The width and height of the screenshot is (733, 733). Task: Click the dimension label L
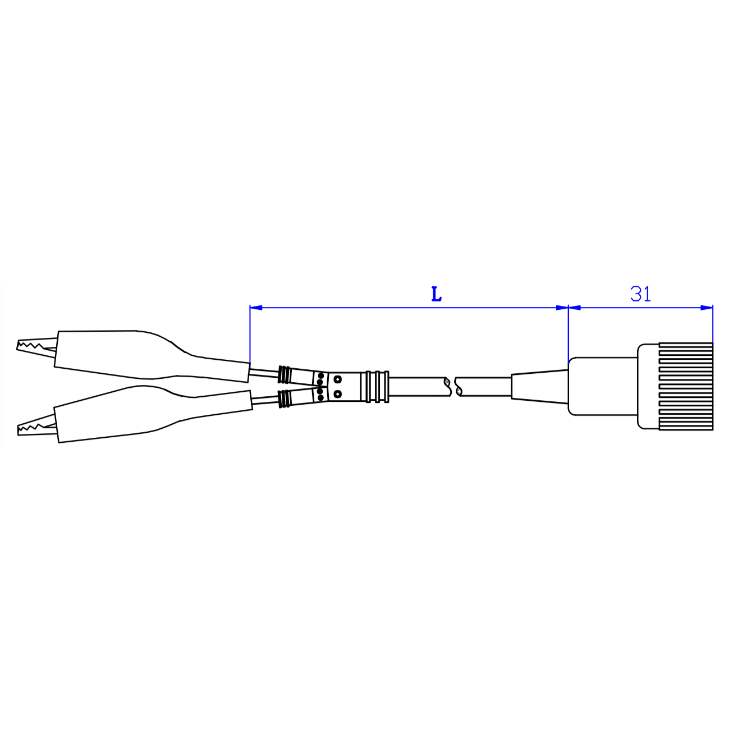pyautogui.click(x=436, y=294)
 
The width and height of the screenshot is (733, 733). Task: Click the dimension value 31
pyautogui.click(x=640, y=294)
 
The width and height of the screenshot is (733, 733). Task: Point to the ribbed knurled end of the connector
pyautogui.click(x=686, y=387)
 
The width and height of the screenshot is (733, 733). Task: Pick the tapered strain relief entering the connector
pyautogui.click(x=539, y=386)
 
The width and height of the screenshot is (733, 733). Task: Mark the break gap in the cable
pyautogui.click(x=453, y=386)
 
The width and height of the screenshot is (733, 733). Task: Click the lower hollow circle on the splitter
pyautogui.click(x=337, y=394)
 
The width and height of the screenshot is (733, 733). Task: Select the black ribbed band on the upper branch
pyautogui.click(x=285, y=372)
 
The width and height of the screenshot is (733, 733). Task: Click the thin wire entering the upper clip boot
pyautogui.click(x=264, y=372)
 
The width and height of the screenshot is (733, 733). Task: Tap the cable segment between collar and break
pyautogui.click(x=418, y=386)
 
